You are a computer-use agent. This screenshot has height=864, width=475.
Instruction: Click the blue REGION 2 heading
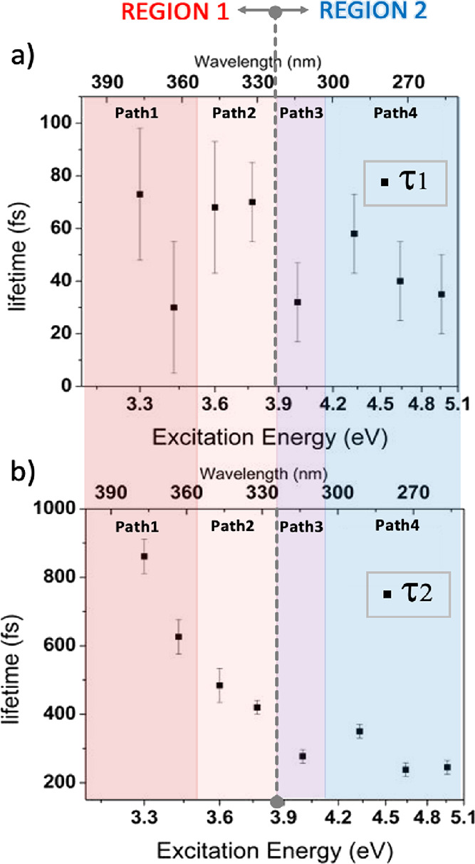[x=375, y=12]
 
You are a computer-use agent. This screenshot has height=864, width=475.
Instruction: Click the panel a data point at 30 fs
[x=174, y=307]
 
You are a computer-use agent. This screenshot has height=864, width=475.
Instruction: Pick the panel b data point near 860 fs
[x=144, y=556]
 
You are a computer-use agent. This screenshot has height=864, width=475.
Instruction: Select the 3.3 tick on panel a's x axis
[x=140, y=406]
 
